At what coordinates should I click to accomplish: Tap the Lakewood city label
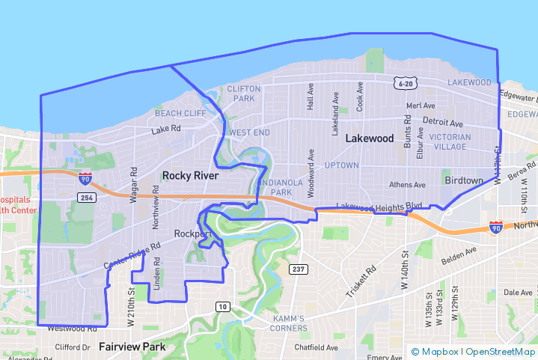pyautogui.click(x=369, y=138)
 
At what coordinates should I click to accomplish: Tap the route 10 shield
pyautogui.click(x=223, y=306)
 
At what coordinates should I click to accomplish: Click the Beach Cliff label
pyautogui.click(x=180, y=113)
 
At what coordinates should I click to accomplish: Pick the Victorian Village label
pyautogui.click(x=450, y=141)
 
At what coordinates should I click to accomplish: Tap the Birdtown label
pyautogui.click(x=464, y=181)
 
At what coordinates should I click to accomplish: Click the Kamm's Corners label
pyautogui.click(x=288, y=323)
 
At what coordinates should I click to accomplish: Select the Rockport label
pyautogui.click(x=192, y=234)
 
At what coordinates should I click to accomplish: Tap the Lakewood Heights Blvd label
pyautogui.click(x=379, y=206)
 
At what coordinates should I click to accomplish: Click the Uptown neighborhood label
pyautogui.click(x=341, y=165)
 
